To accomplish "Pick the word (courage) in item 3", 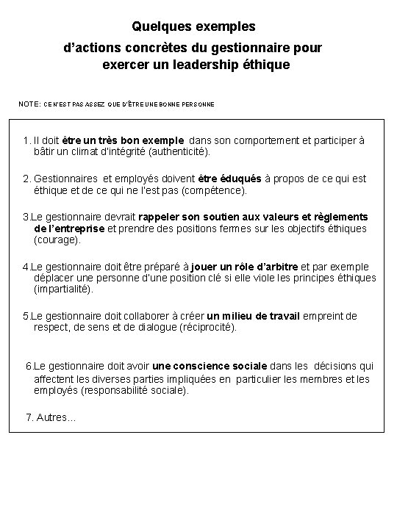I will [59, 240].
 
